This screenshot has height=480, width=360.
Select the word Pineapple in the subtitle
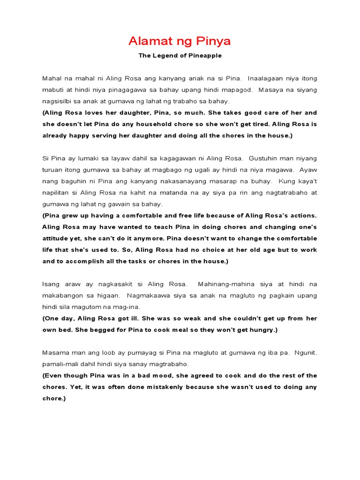(204, 56)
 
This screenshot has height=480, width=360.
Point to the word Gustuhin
(266, 158)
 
